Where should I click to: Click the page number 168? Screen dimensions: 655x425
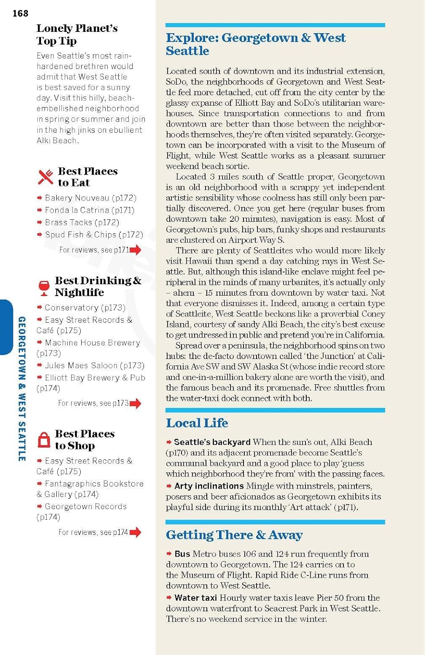[x=21, y=14]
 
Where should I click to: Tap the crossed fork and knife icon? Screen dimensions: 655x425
[x=45, y=177]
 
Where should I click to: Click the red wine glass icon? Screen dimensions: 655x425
[x=44, y=287]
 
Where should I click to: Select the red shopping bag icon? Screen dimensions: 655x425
[x=44, y=440]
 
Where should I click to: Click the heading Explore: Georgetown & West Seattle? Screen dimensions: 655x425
[x=255, y=44]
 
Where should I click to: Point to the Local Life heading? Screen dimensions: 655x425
[x=197, y=423]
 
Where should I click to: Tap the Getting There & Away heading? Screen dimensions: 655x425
[x=234, y=534]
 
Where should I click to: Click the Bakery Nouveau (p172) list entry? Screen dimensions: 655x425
[x=90, y=198]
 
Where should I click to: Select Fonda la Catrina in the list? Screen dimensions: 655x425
[x=89, y=210]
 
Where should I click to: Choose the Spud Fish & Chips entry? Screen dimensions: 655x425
[x=94, y=234]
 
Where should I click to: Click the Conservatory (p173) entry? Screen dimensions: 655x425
[x=85, y=307]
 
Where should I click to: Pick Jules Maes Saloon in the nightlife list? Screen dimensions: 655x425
[x=94, y=365]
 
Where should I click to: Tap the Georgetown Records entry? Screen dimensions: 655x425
[x=86, y=507]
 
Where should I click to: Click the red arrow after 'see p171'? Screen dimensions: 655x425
[x=135, y=250]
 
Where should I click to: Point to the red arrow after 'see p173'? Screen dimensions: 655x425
[x=135, y=403]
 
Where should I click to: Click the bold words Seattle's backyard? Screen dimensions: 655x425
[x=212, y=442]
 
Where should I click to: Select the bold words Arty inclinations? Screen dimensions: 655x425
[x=209, y=486]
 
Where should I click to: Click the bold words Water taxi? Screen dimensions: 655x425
[x=195, y=597]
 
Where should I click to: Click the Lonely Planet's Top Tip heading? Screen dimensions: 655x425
[x=77, y=34]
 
